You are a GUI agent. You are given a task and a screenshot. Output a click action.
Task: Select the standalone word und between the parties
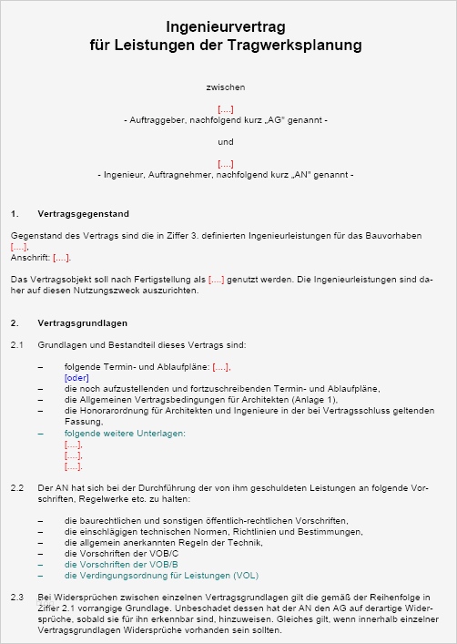coord(226,141)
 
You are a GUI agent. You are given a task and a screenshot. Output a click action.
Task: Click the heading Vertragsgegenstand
coord(83,214)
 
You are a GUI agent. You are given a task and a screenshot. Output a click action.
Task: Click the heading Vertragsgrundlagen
coord(82,322)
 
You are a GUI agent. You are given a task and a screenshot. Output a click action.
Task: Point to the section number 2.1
coord(17,345)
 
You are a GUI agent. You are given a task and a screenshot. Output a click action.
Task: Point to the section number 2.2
coord(17,488)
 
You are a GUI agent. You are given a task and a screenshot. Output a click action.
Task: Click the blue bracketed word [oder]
coord(76,377)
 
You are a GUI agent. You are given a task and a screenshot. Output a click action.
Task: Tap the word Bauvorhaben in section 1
coord(396,235)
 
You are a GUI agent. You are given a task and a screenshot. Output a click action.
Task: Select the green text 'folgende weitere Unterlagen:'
coord(125,434)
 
